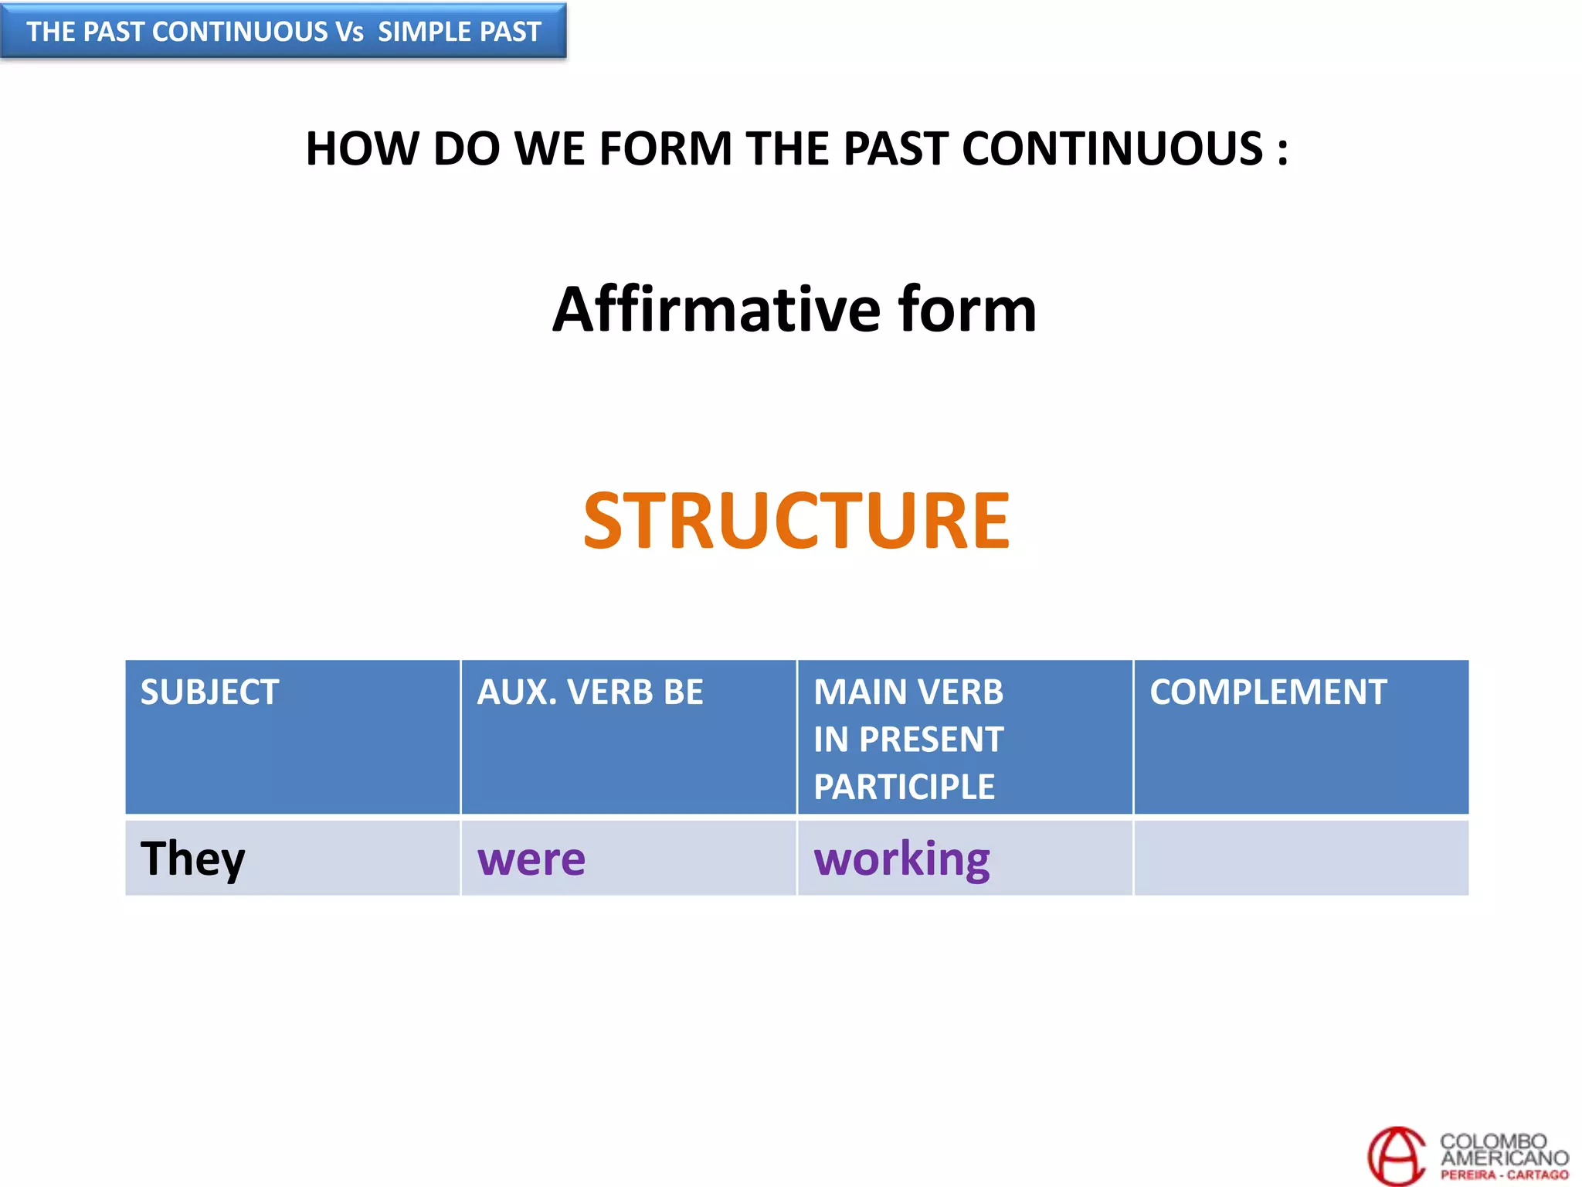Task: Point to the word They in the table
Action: tap(192, 859)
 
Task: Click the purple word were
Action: tap(531, 859)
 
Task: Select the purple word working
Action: tap(901, 859)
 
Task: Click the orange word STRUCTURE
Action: tap(796, 522)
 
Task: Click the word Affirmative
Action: tap(717, 309)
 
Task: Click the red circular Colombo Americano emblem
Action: tap(1397, 1155)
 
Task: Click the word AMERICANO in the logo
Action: tap(1504, 1158)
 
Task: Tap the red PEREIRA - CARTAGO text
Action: tap(1504, 1175)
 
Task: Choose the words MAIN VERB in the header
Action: tap(908, 692)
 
